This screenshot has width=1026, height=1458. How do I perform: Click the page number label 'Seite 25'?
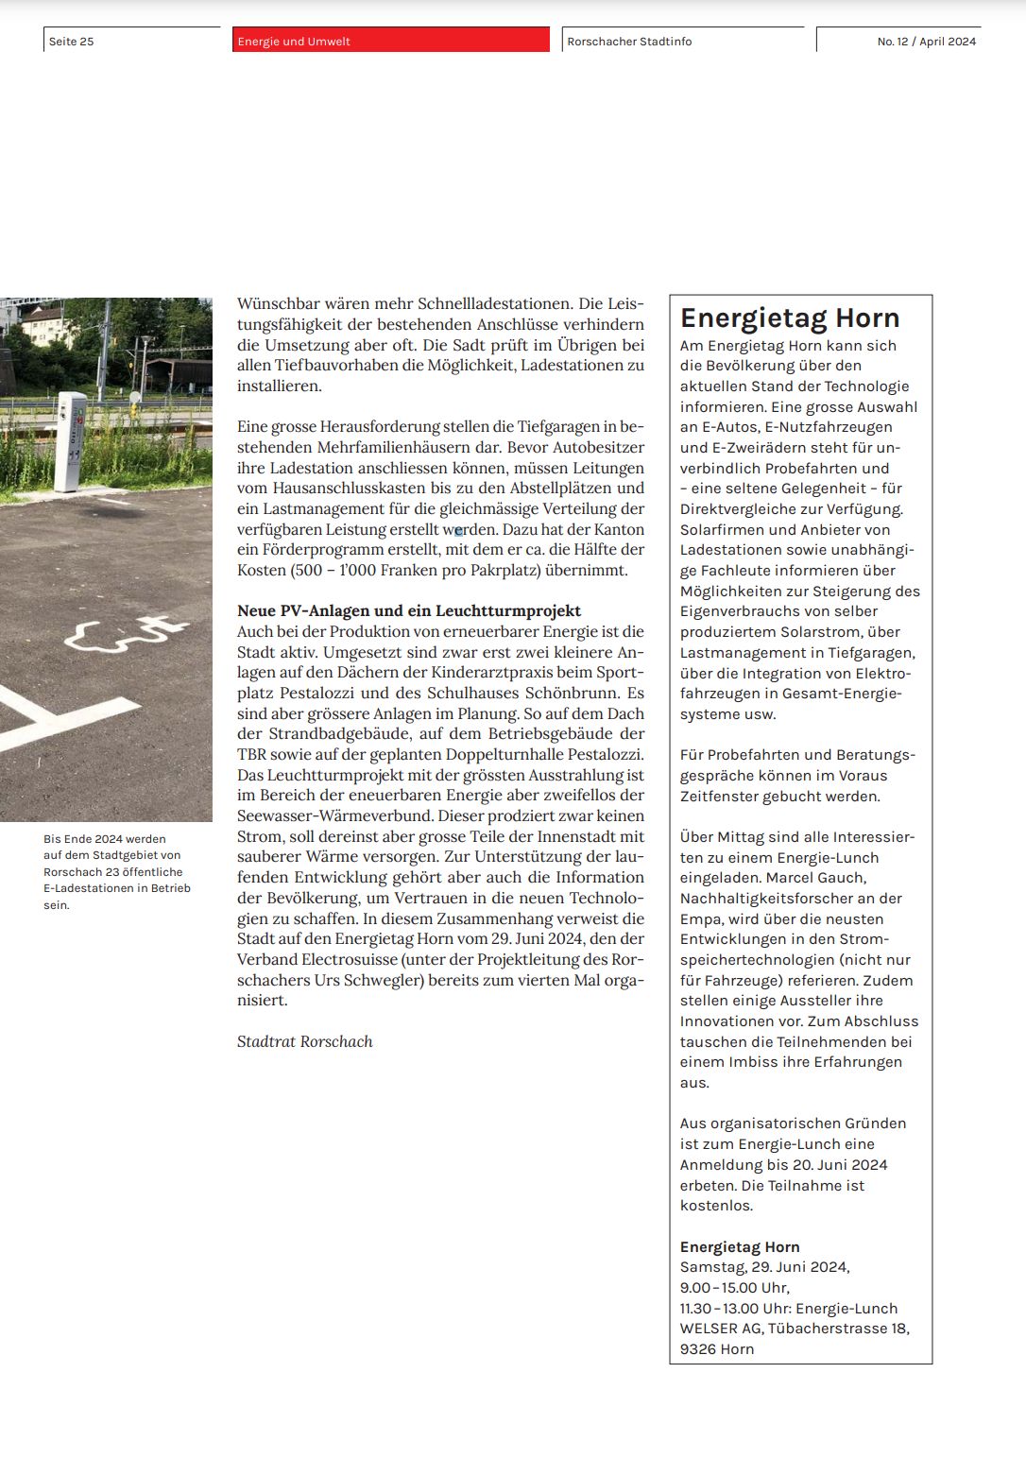coord(72,42)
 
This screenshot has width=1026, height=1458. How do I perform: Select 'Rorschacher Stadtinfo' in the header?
coord(629,42)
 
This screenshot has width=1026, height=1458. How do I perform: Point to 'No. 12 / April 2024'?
coord(926,42)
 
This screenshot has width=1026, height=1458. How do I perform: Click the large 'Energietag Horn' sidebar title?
coord(790,317)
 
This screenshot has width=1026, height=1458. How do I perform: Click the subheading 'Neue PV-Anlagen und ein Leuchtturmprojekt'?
coord(409,610)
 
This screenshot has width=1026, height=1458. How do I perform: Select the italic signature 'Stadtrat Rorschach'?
coord(304,1041)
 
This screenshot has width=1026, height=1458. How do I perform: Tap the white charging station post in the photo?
coord(69,441)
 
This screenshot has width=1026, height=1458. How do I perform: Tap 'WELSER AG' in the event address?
coord(720,1329)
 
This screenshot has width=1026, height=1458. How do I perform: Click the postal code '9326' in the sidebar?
coord(697,1349)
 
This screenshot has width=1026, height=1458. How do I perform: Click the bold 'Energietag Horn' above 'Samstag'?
coord(740,1246)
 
